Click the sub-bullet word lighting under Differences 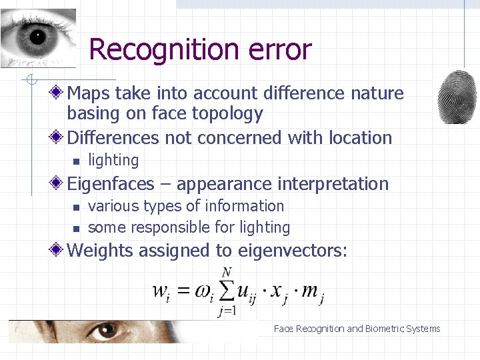click(113, 161)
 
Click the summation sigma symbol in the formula click(227, 291)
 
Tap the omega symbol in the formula click(203, 293)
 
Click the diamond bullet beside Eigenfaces click(59, 183)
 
